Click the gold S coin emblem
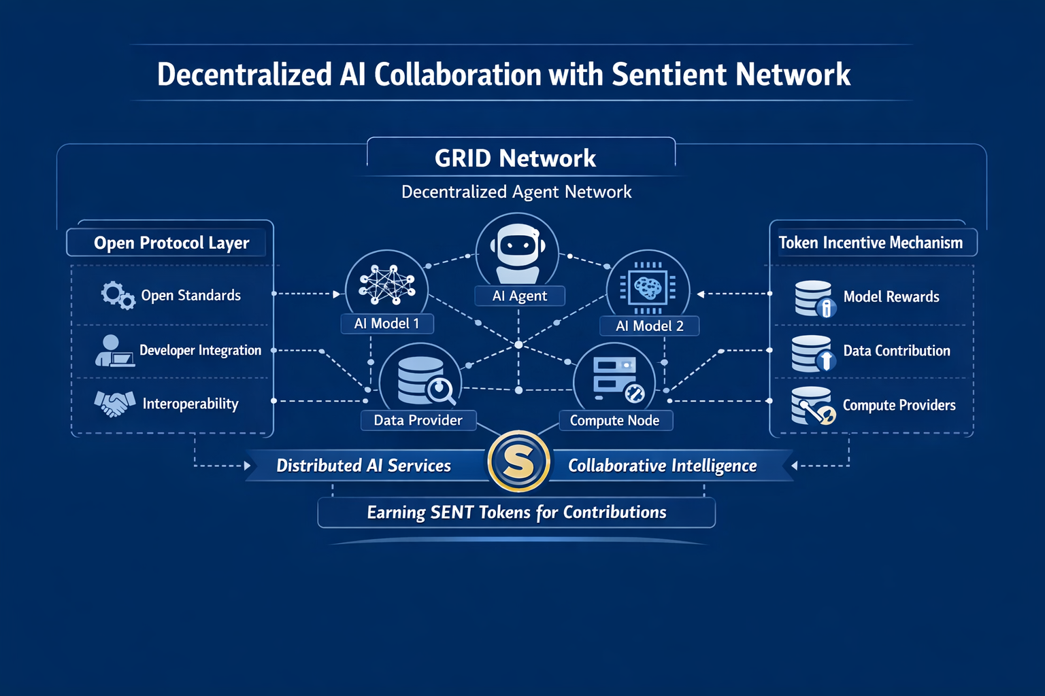tap(518, 462)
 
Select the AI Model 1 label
tap(386, 324)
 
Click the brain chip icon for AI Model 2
tap(648, 287)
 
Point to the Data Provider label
tap(418, 420)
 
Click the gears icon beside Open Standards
tap(118, 296)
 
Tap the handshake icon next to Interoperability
tap(114, 403)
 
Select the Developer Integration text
tap(200, 350)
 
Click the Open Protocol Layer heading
tap(171, 243)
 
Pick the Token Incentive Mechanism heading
tap(871, 243)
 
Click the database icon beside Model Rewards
tap(814, 298)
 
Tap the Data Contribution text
tap(897, 351)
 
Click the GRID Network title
tap(515, 158)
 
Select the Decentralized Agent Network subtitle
tap(516, 192)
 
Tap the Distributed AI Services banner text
tap(363, 466)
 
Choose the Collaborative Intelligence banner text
tap(662, 466)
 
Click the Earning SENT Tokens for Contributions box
tap(516, 512)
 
